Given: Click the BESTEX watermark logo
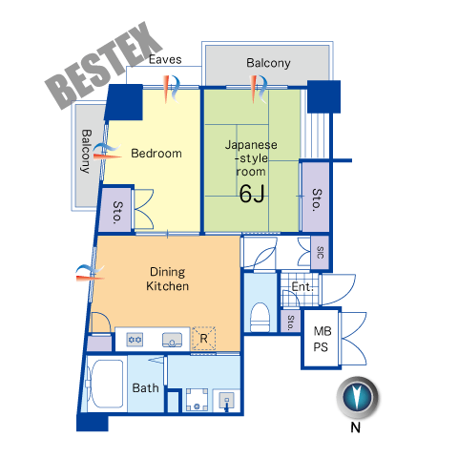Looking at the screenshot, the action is [x=103, y=65].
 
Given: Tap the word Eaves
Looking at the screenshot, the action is [x=165, y=59].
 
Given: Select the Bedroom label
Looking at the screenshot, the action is [x=156, y=154].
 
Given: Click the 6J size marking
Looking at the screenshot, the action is [x=252, y=194].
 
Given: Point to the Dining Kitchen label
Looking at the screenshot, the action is [x=167, y=279].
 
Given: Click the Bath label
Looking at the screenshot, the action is [x=145, y=388].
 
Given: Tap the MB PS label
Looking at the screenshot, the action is [x=322, y=339].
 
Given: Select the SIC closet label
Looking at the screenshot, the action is [x=320, y=252].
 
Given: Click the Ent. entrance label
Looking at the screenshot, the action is [x=302, y=287].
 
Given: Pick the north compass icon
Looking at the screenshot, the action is [x=358, y=398].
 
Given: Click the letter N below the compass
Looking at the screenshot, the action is [x=355, y=427].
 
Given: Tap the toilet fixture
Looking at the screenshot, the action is [x=260, y=318].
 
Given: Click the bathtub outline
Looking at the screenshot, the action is [x=107, y=384].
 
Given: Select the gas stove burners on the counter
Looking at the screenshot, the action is [x=135, y=340].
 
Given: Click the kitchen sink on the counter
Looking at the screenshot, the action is [x=172, y=340].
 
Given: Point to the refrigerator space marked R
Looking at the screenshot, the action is [x=203, y=338].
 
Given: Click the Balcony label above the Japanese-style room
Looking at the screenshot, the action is [x=268, y=63].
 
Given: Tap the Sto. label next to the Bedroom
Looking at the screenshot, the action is [x=117, y=212].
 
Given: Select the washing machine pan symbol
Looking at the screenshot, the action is [x=197, y=400].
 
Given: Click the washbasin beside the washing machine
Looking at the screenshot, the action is [x=227, y=401].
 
